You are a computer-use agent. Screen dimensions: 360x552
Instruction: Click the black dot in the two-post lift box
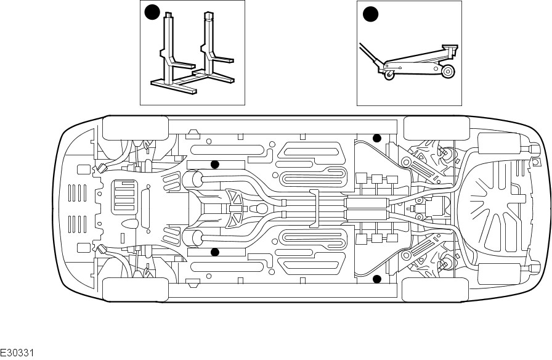(x=152, y=12)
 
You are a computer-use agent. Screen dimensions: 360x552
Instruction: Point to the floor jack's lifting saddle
(x=450, y=46)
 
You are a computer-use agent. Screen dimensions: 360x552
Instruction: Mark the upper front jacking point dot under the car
(x=215, y=164)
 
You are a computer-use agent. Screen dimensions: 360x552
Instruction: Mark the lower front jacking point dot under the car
(x=215, y=252)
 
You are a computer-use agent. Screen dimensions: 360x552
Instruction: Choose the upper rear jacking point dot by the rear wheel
(x=378, y=137)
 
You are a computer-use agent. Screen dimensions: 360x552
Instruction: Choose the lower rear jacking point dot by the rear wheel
(x=378, y=279)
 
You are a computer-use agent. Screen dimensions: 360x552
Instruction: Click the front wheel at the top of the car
(x=135, y=128)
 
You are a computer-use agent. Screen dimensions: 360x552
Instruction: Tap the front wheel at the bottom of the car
(x=135, y=289)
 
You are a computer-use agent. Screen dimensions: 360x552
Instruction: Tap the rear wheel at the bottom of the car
(x=436, y=289)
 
